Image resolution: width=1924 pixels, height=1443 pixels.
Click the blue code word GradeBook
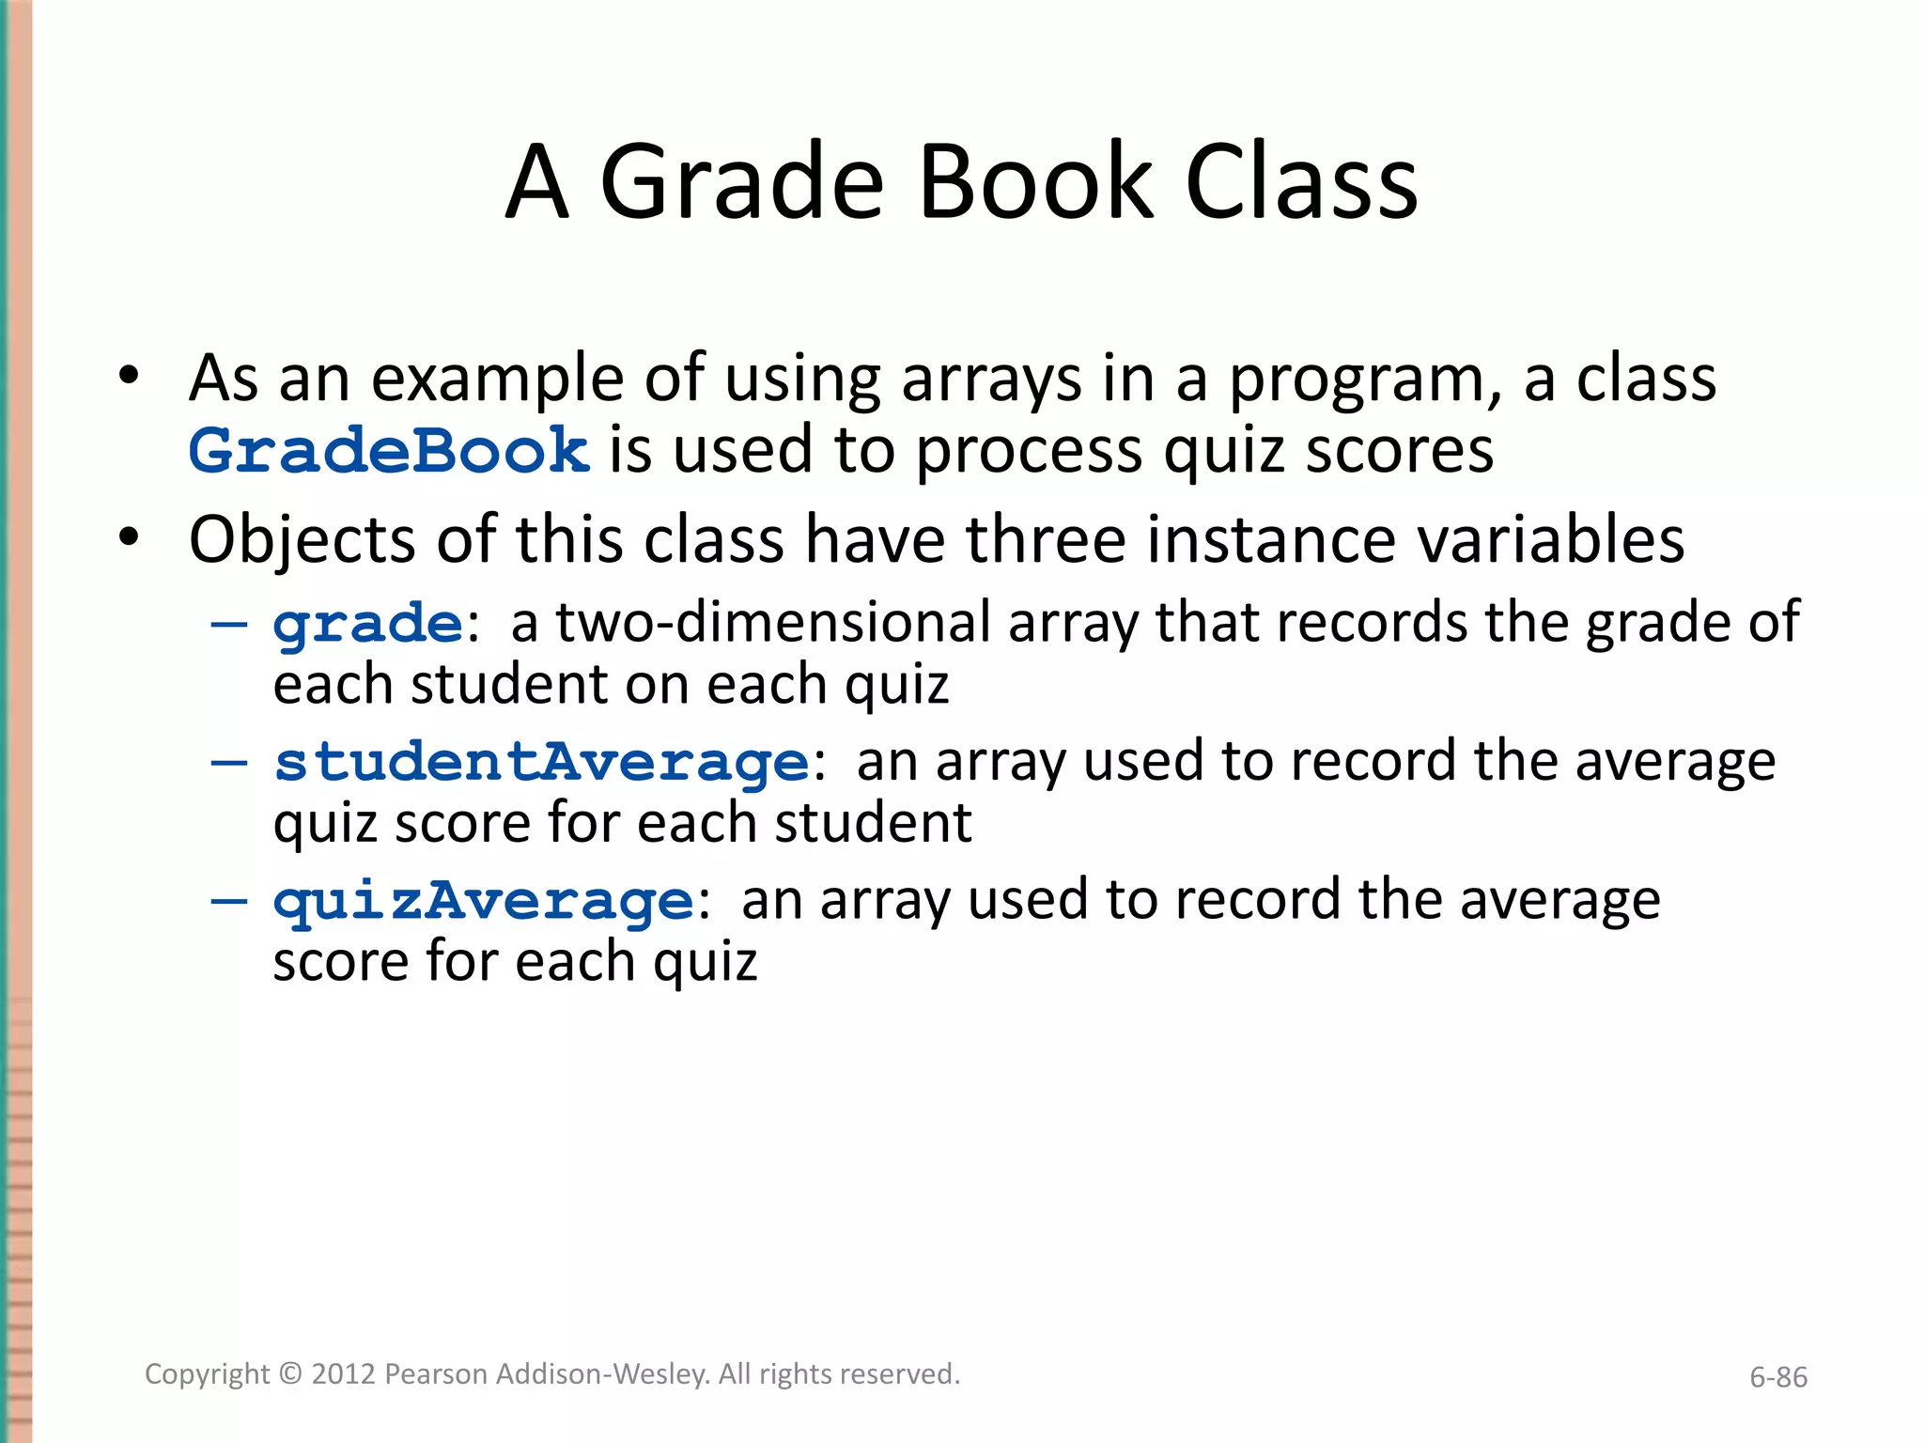(389, 451)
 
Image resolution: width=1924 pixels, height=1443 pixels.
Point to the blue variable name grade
(367, 625)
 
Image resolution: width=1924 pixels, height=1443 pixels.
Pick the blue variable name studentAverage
(541, 762)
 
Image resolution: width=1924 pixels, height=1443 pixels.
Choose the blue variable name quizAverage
(484, 902)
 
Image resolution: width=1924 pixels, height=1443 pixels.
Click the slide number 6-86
(1777, 1377)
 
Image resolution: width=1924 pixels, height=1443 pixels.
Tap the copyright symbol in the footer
(291, 1374)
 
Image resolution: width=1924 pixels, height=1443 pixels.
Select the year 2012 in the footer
(344, 1374)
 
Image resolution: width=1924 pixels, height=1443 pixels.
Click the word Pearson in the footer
(437, 1374)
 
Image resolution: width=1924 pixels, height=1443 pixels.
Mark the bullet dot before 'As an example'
(130, 378)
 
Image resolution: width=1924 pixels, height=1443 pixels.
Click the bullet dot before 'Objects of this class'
(130, 539)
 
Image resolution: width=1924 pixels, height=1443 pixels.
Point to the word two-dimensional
(773, 623)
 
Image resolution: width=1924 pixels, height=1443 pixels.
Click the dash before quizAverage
(229, 900)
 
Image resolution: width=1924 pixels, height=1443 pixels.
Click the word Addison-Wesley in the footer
(602, 1374)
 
